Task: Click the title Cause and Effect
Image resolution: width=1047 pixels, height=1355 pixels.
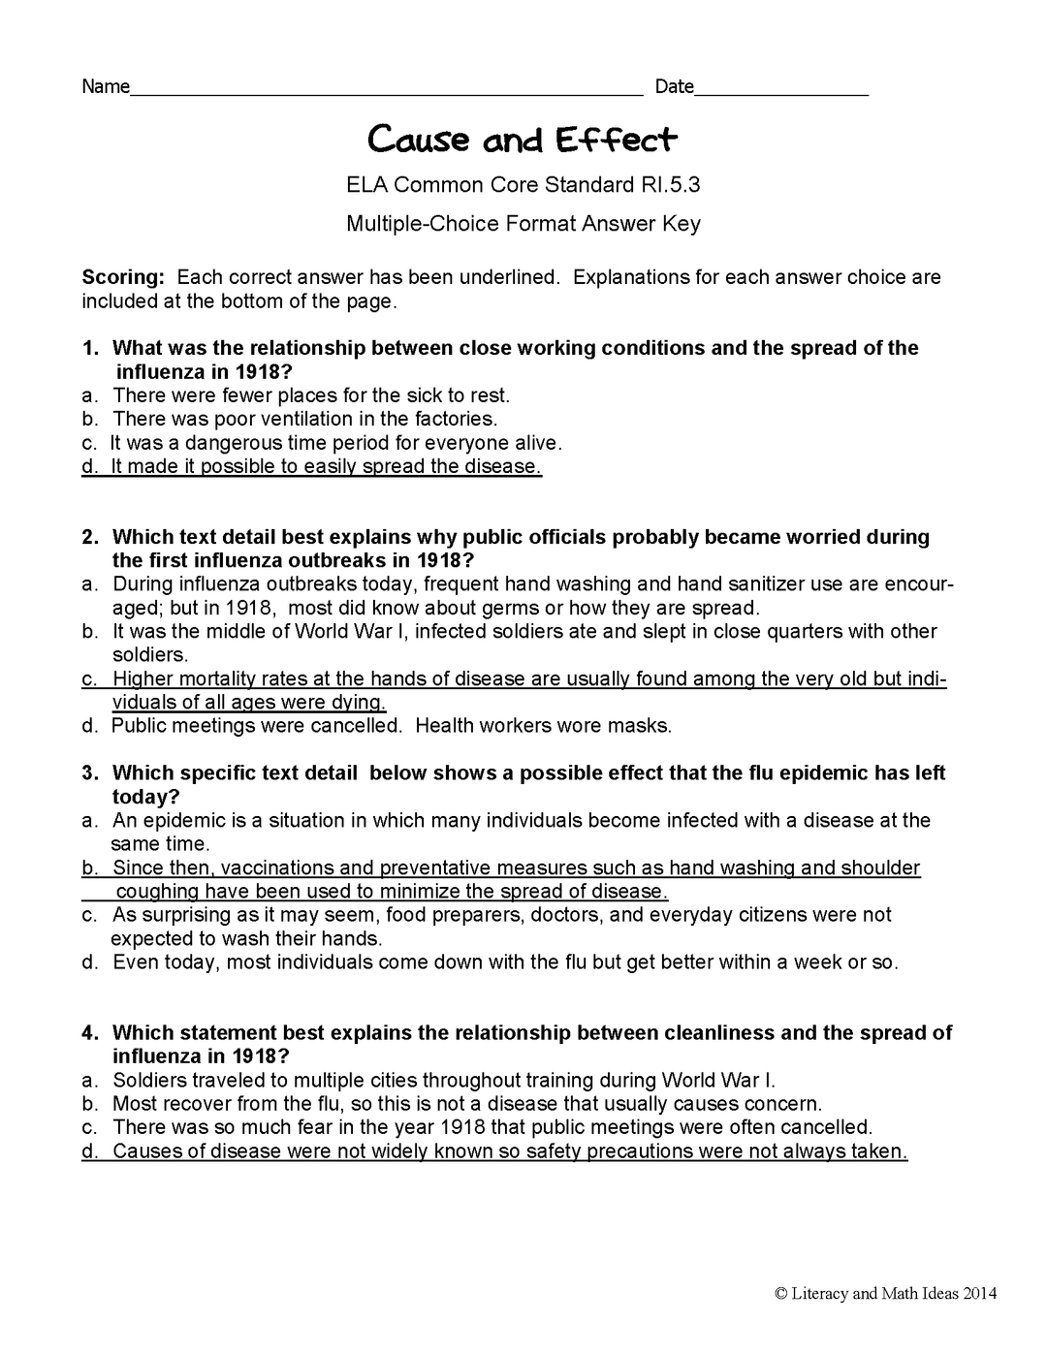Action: (522, 141)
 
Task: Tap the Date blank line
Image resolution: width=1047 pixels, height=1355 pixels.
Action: (781, 94)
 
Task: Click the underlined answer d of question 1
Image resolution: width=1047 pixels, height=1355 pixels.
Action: (312, 466)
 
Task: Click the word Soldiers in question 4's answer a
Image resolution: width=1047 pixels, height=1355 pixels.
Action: (148, 1080)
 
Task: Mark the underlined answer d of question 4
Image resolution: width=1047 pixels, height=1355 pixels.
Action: (494, 1151)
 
